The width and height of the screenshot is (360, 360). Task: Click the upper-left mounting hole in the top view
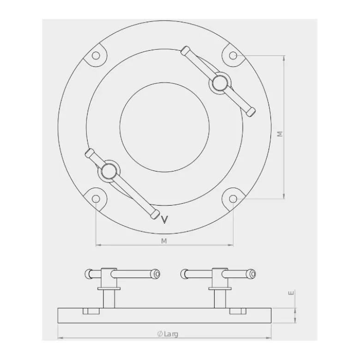[x=96, y=56]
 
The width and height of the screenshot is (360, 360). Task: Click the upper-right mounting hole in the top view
[x=233, y=56]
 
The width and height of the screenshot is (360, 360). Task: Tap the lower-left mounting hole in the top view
[x=96, y=199]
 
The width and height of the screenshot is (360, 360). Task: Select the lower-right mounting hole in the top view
[x=233, y=199]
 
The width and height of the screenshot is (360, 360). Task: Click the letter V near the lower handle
[x=165, y=219]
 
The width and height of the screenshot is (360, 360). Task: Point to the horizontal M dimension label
[x=164, y=241]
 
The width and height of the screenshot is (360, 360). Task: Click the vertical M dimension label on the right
[x=280, y=134]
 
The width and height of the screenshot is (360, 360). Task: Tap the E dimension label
[x=291, y=293]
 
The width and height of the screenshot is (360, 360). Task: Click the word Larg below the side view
[x=171, y=334]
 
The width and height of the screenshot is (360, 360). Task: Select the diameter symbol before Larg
[x=160, y=334]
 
